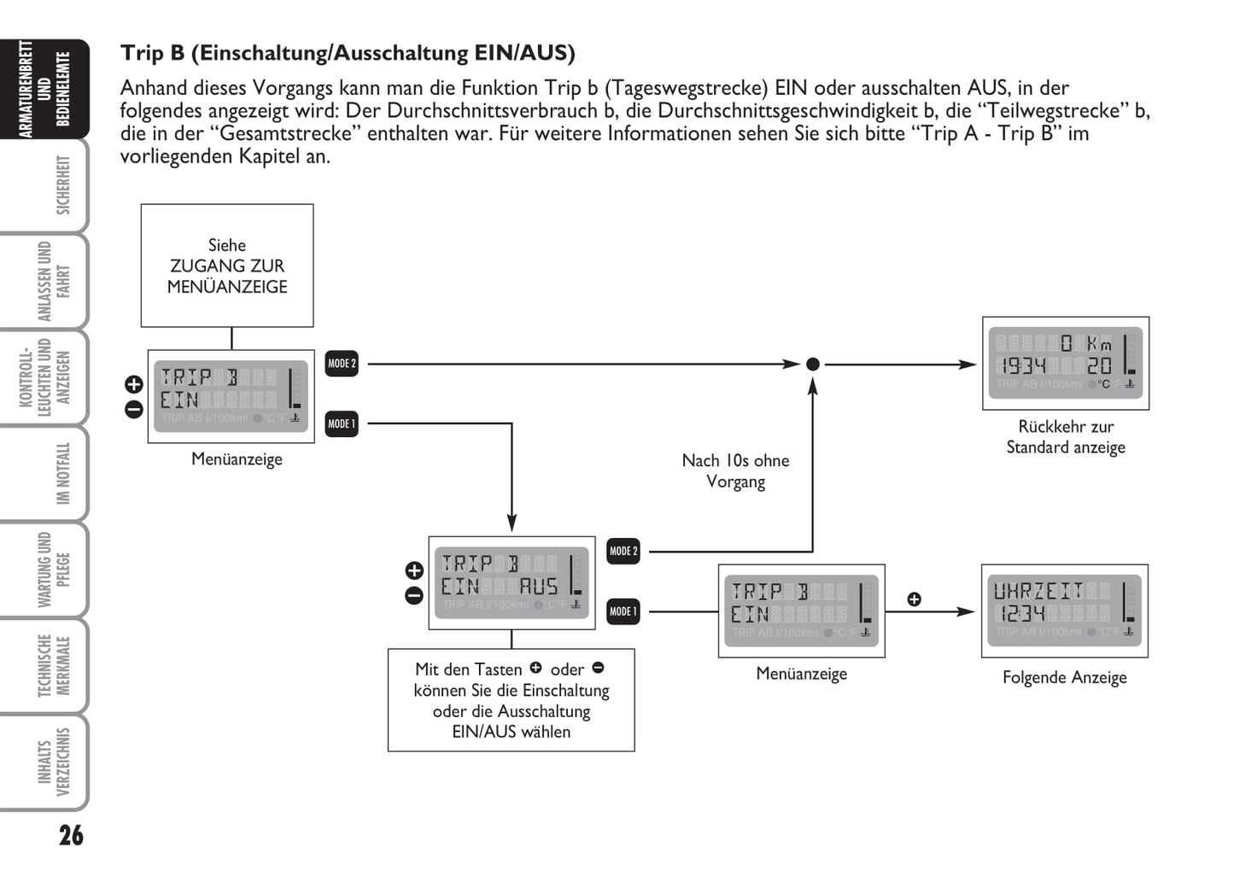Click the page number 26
point(71,834)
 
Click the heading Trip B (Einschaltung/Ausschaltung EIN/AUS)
point(348,53)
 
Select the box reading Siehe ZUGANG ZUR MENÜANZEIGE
point(227,266)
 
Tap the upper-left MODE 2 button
point(342,364)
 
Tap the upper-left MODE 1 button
point(342,423)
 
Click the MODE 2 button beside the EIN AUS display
point(623,552)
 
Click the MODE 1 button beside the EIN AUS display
point(623,611)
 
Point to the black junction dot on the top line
point(813,365)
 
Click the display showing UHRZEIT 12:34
point(1064,610)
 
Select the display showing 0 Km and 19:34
point(1066,364)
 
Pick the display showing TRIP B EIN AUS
point(512,583)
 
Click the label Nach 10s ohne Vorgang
point(735,471)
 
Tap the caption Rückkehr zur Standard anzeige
point(1066,437)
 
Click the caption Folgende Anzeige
point(1064,678)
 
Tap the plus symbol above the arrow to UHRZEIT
point(914,599)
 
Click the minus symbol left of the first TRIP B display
point(134,410)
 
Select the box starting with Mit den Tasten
point(511,700)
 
